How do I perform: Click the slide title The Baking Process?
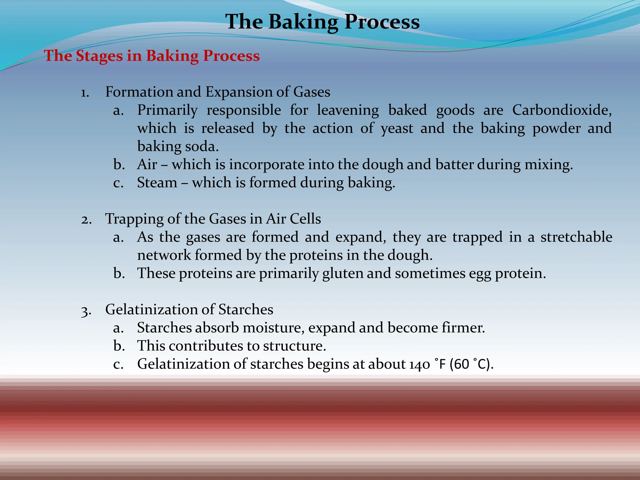point(322,22)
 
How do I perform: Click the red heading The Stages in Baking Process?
point(152,56)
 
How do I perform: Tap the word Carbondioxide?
point(561,110)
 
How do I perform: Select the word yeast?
point(397,129)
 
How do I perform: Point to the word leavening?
point(348,110)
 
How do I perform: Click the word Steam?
point(157,183)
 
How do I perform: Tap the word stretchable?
point(576,237)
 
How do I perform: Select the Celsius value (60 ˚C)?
point(471,364)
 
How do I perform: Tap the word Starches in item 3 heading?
point(246,310)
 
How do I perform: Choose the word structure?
point(294,346)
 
